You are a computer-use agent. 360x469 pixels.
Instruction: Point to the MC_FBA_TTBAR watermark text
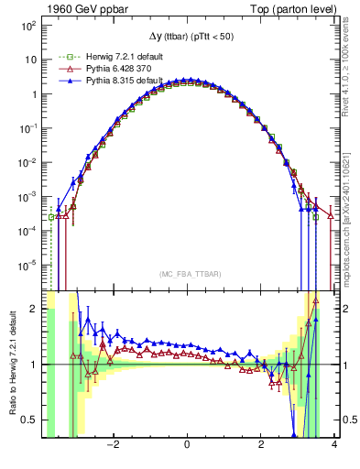click(187, 273)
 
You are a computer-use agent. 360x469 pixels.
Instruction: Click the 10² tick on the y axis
click(27, 26)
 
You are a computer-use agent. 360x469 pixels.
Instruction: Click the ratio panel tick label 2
click(35, 310)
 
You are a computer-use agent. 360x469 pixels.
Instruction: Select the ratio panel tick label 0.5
click(30, 420)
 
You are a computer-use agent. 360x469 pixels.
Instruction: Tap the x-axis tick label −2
click(113, 446)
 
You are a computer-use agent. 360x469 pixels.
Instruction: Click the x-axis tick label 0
click(187, 446)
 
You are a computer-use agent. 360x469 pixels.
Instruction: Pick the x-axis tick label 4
click(334, 446)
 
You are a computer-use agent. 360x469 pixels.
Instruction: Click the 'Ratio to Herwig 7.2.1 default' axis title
click(10, 365)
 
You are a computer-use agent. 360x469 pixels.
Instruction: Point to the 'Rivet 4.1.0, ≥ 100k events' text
click(351, 73)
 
